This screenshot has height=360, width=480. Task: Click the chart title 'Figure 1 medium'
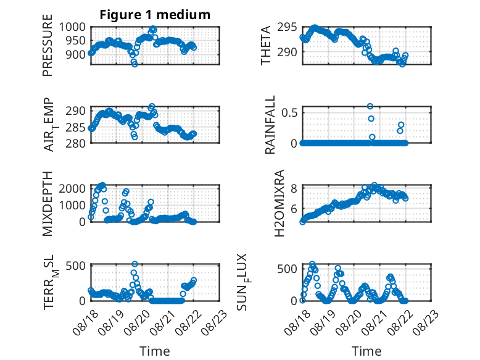[x=155, y=15]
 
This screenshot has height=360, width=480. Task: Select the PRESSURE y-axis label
[x=48, y=45]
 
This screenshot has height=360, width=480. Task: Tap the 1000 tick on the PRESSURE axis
[x=72, y=27]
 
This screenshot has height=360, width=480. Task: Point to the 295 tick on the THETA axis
[x=287, y=27]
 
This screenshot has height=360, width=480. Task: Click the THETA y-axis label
[x=266, y=45]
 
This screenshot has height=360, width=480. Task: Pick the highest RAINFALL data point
[x=370, y=106]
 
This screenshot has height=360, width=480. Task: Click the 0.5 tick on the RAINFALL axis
[x=289, y=112]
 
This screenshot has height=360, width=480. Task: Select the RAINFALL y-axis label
[x=270, y=125]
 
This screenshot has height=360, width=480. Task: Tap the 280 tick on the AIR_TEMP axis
[x=75, y=143]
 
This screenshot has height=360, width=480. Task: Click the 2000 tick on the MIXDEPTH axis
[x=72, y=188]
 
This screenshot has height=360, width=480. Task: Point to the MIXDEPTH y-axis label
[x=48, y=203]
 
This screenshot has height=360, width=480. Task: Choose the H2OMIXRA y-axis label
[x=279, y=203]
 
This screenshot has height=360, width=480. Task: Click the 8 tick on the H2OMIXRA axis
[x=294, y=188]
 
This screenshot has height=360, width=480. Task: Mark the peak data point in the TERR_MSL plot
[x=134, y=264]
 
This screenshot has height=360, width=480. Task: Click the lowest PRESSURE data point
[x=134, y=64]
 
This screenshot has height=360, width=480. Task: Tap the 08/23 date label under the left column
[x=214, y=322]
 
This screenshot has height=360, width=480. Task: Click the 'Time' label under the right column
[x=366, y=351]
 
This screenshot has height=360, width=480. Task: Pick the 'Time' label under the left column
[x=155, y=351]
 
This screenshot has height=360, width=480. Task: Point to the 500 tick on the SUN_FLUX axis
[x=287, y=269]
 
